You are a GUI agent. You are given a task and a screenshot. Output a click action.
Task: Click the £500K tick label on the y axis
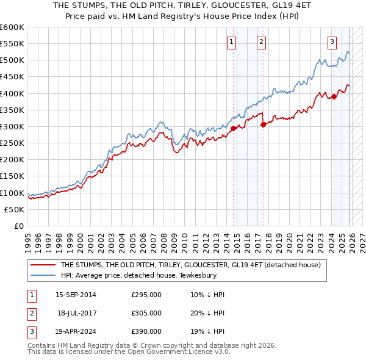tap(12, 60)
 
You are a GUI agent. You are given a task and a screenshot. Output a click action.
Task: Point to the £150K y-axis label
tap(12, 176)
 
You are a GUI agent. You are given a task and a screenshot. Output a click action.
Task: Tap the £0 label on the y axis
tap(20, 226)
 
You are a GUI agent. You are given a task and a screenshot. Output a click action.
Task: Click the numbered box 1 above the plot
tap(232, 42)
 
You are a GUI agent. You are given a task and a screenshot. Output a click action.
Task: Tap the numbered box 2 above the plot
tap(261, 42)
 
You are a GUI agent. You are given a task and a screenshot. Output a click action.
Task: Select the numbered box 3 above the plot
tap(332, 42)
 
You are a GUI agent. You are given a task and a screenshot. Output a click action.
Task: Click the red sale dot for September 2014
tap(234, 128)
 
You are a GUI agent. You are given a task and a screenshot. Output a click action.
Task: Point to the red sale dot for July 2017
tap(263, 124)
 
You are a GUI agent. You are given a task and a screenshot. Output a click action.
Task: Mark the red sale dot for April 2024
tap(334, 96)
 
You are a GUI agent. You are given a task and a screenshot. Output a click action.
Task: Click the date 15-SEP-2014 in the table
tap(76, 295)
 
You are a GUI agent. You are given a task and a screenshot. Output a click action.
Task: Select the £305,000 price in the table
tap(146, 313)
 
